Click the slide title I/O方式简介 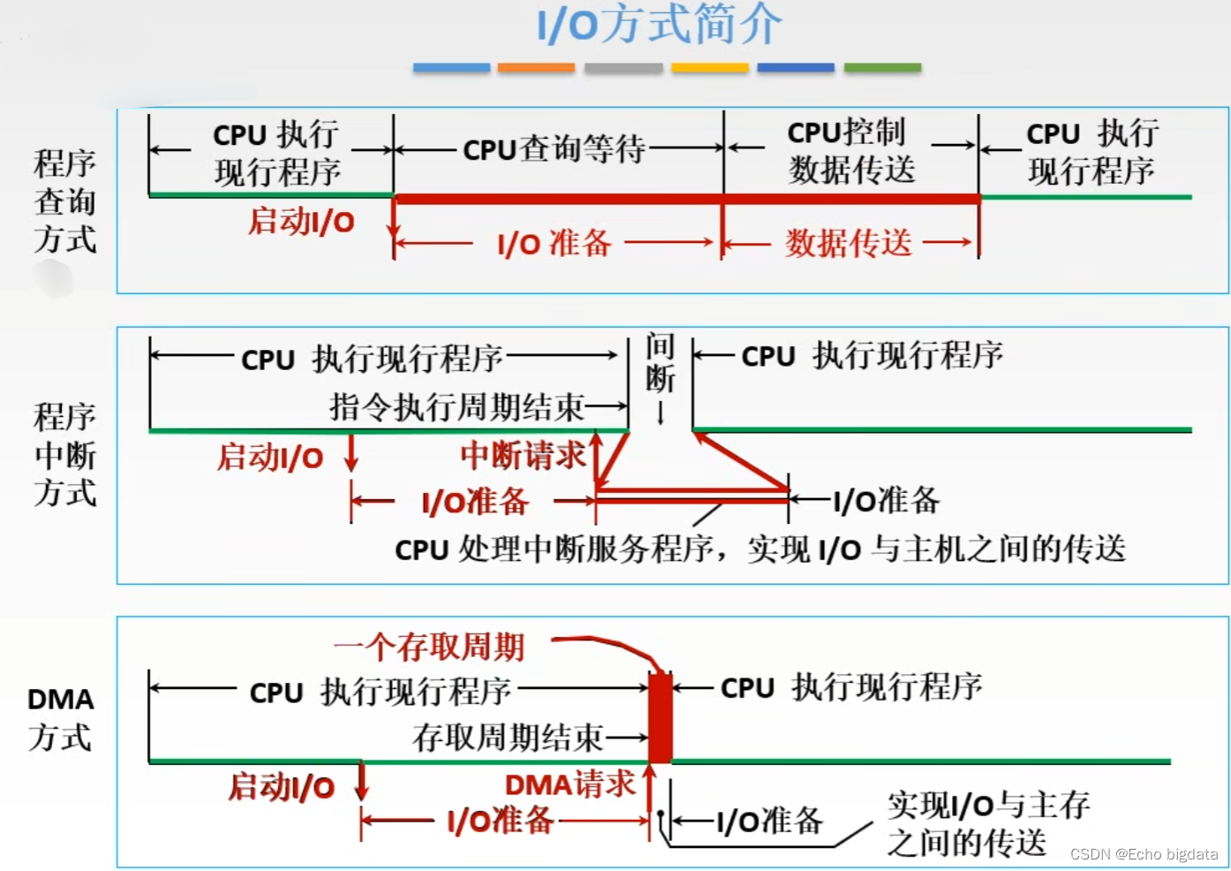click(659, 25)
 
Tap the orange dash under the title click(536, 68)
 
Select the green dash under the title click(882, 68)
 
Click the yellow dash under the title click(709, 68)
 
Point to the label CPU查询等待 click(555, 149)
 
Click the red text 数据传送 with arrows click(849, 243)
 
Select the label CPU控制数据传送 click(850, 151)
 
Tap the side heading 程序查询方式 click(64, 201)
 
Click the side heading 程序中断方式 click(64, 455)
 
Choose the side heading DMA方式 click(60, 718)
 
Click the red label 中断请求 click(523, 456)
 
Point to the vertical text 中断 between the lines click(660, 362)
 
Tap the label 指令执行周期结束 click(457, 407)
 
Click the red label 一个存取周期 click(430, 648)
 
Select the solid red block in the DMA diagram click(660, 717)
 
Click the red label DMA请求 click(570, 784)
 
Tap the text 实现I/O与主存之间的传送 click(987, 823)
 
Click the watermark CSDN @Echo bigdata click(1144, 854)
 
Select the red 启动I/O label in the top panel click(301, 221)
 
